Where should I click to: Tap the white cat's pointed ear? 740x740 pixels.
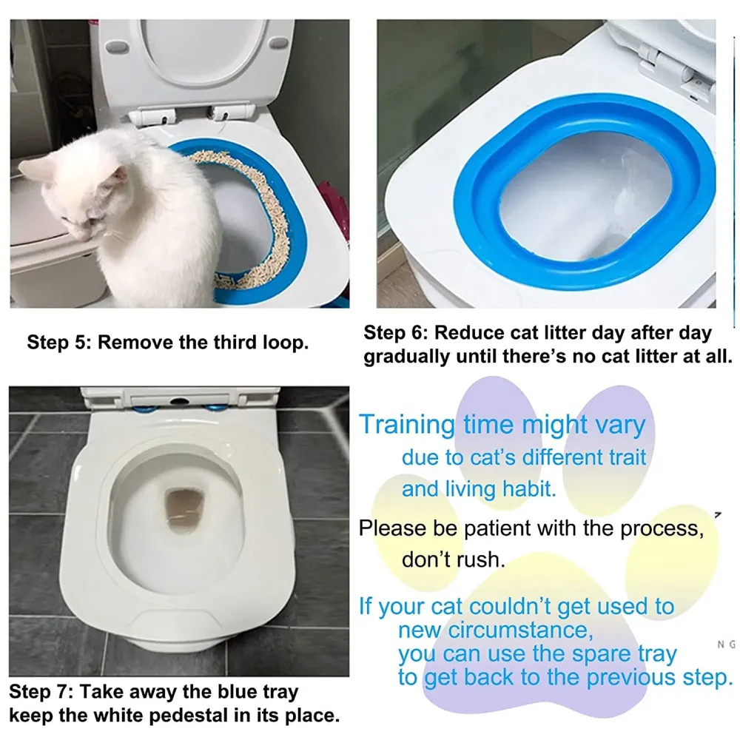[x=33, y=169]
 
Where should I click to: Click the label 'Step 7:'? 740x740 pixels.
[x=41, y=693]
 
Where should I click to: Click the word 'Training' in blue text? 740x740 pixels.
[x=406, y=425]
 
